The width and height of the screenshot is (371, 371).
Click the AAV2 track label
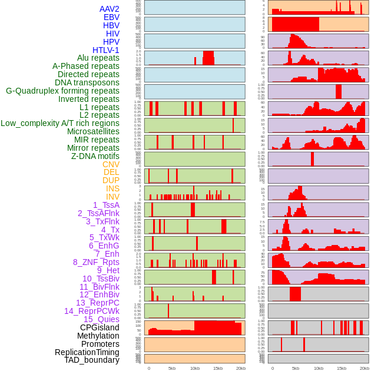109,9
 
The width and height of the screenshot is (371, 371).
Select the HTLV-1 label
105,50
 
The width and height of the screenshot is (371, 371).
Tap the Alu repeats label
98,58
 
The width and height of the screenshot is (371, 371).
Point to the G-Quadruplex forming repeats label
62,91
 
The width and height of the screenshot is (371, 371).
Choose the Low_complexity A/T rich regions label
60,123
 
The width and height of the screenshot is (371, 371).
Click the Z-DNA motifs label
95,156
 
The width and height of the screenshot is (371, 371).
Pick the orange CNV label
111,164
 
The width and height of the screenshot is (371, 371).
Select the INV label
112,197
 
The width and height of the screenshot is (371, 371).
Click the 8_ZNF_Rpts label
96,262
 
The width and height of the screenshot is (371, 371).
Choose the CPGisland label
100,327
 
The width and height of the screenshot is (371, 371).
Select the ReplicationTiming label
87,352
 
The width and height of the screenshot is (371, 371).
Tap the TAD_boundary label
91,360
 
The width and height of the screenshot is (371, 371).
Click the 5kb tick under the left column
172,368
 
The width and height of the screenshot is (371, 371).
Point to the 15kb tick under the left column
218,368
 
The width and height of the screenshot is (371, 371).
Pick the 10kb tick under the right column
318,368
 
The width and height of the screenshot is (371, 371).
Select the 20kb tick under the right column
364,368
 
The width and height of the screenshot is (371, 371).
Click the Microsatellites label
93,131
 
